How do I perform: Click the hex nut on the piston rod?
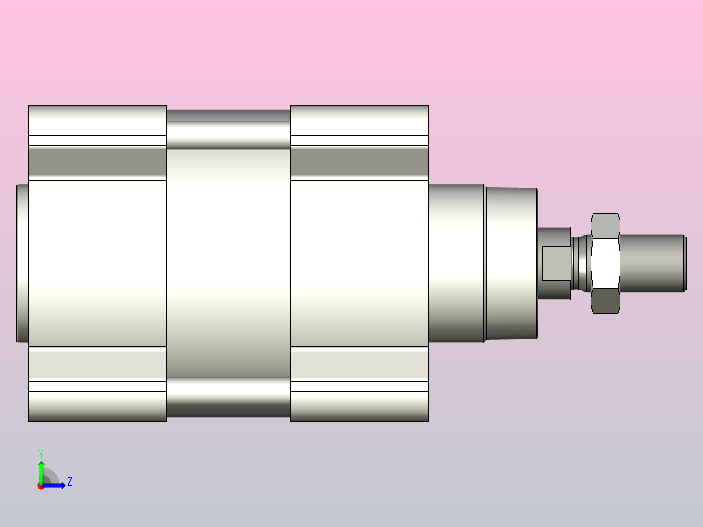(x=605, y=263)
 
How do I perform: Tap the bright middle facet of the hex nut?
(x=605, y=263)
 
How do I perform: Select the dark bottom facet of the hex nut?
(x=605, y=301)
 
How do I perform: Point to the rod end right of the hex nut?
(x=653, y=263)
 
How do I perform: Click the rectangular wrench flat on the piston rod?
(x=556, y=263)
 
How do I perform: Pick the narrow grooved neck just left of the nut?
(x=582, y=263)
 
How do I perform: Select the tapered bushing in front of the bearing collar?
(x=511, y=263)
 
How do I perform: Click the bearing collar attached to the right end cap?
(x=457, y=263)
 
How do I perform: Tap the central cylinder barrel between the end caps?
(x=229, y=263)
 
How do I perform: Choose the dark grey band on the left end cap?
(x=97, y=162)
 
